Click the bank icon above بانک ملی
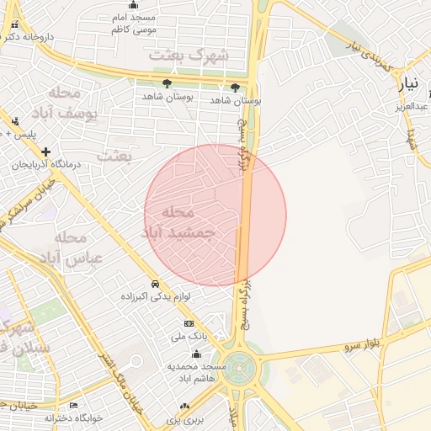point(189,323)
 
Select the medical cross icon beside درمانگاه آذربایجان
point(45,152)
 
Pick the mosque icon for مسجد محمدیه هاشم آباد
point(197,354)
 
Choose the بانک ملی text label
point(189,336)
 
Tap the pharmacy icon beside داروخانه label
point(13,37)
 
